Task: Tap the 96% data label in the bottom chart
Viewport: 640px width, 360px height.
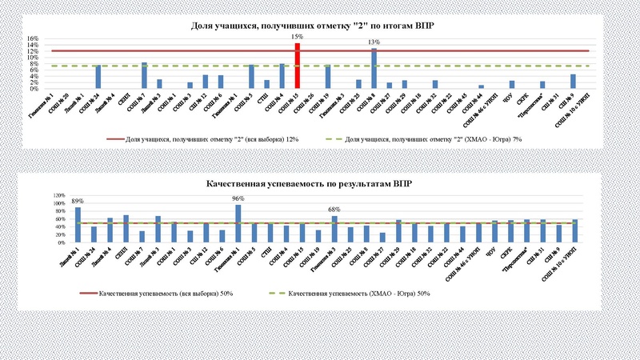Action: pyautogui.click(x=238, y=198)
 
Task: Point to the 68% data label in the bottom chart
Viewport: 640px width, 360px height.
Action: pyautogui.click(x=334, y=210)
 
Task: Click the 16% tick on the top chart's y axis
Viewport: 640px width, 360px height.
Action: pyautogui.click(x=34, y=38)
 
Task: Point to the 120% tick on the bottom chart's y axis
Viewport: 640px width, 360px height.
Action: pyautogui.click(x=58, y=195)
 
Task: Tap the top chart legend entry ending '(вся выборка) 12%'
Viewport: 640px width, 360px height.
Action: pyautogui.click(x=212, y=139)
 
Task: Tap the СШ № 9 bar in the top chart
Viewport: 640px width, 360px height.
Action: pyautogui.click(x=573, y=81)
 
